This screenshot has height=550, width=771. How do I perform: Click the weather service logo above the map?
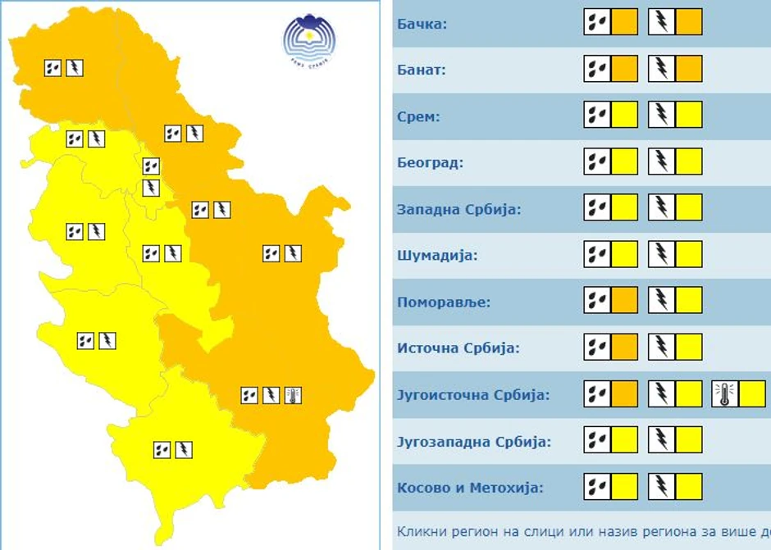309,40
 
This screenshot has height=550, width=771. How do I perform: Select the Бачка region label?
422,23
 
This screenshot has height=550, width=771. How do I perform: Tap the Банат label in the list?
421,70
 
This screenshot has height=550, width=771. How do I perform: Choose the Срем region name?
418,116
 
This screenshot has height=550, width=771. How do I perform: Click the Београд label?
430,162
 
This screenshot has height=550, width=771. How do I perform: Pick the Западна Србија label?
458,209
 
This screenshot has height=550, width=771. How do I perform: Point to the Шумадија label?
437,255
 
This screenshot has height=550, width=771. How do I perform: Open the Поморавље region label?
443,302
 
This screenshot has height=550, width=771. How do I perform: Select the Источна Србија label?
458,348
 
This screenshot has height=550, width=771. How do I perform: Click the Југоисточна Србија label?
472,395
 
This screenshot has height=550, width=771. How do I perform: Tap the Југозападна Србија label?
473,442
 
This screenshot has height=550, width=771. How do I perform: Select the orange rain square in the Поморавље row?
624,301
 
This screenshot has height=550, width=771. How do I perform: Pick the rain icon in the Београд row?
597,161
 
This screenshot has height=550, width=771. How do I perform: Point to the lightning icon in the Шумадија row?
661,255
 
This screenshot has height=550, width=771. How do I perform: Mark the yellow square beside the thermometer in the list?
751,394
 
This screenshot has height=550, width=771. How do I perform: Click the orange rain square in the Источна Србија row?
624,348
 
